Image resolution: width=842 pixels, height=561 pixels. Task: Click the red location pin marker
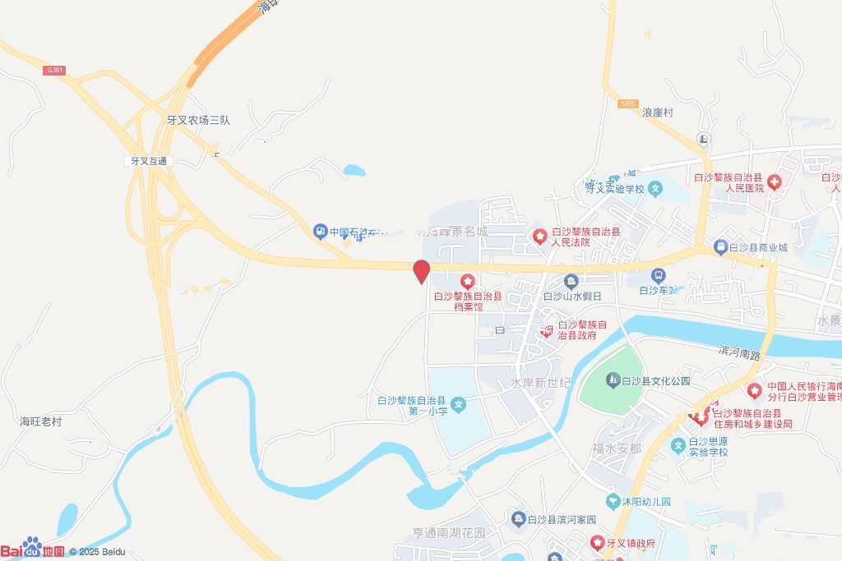(x=422, y=271)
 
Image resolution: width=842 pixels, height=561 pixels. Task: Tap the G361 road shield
(x=55, y=71)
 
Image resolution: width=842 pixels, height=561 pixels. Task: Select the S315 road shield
(x=628, y=103)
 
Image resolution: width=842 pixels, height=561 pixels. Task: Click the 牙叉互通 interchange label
(x=145, y=161)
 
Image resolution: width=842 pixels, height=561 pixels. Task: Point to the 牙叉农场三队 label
(x=198, y=120)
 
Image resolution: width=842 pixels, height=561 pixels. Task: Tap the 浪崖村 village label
(x=658, y=113)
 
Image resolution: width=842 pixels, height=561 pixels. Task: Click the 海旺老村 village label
(x=41, y=421)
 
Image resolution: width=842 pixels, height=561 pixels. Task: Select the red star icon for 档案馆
(x=467, y=282)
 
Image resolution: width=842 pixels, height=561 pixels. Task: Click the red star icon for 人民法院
(x=539, y=237)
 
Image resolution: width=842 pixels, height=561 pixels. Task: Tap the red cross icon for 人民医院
(x=774, y=181)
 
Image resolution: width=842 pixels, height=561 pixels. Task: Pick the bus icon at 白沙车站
(x=658, y=275)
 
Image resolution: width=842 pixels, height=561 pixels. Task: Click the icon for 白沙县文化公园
(x=612, y=380)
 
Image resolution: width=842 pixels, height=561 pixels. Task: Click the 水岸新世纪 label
(x=540, y=384)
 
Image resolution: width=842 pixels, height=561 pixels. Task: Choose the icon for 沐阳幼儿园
(x=612, y=501)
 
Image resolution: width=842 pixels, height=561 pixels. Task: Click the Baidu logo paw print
(x=32, y=546)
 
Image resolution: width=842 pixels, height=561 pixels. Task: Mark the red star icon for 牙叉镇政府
(x=596, y=543)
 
